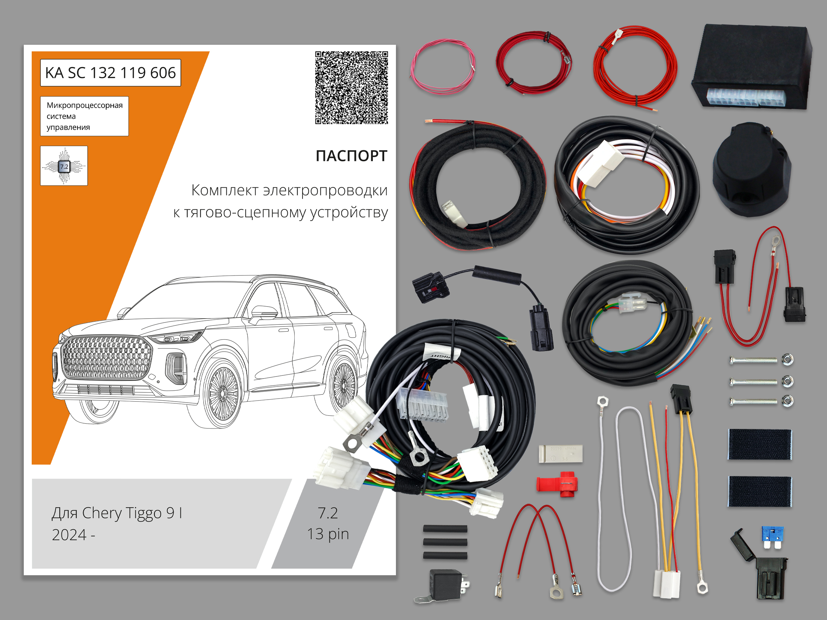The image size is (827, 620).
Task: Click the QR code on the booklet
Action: click(351, 88)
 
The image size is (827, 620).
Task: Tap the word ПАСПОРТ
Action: click(351, 156)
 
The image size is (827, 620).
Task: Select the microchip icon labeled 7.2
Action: click(64, 166)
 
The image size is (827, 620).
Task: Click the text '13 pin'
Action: click(328, 534)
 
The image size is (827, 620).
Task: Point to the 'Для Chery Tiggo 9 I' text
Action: click(117, 513)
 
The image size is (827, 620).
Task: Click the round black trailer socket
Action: click(752, 170)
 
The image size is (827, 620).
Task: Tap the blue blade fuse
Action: click(773, 537)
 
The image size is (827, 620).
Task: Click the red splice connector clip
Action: click(557, 484)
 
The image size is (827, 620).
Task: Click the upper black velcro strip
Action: click(760, 444)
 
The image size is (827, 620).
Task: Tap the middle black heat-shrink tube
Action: click(445, 542)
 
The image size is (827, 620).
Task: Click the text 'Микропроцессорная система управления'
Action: click(84, 116)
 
